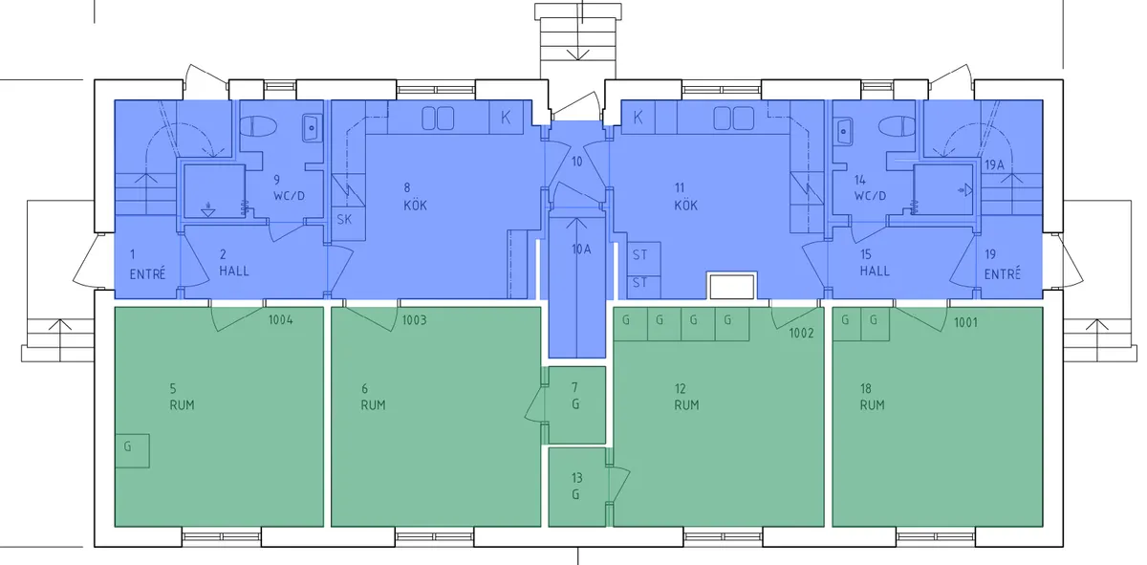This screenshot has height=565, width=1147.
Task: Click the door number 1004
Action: click(x=281, y=319)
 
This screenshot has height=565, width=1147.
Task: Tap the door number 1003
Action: click(x=415, y=319)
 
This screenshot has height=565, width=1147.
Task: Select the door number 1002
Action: click(x=801, y=333)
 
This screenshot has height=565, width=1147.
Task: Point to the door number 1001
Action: click(x=966, y=323)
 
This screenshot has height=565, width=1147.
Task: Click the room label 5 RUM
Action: click(x=182, y=397)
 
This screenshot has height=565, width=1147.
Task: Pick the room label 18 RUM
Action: click(x=871, y=397)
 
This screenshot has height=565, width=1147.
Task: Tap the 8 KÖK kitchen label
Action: click(x=414, y=196)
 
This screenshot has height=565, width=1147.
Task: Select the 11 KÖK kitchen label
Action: click(x=685, y=196)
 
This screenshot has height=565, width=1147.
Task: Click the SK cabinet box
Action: click(x=343, y=220)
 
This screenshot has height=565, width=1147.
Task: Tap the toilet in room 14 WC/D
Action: click(x=896, y=126)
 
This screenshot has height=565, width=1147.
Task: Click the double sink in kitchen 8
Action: click(x=438, y=118)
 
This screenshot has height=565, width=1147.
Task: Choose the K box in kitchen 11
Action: click(x=638, y=118)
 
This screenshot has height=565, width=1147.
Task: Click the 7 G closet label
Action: click(x=574, y=396)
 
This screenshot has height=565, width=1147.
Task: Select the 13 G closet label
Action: click(x=575, y=486)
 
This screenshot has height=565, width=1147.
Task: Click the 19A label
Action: click(x=994, y=164)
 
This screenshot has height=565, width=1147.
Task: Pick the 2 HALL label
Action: click(x=233, y=263)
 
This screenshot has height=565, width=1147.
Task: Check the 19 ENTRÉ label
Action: click(x=1003, y=263)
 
